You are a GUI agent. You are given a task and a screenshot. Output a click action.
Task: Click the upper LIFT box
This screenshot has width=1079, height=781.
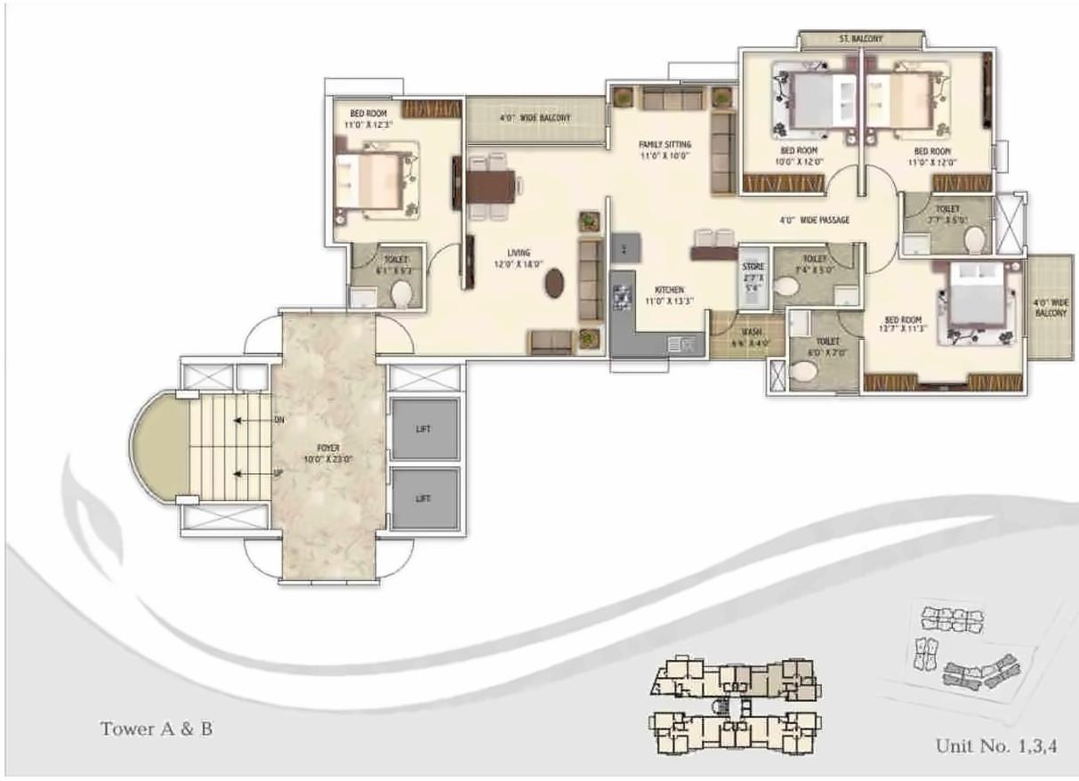click(424, 429)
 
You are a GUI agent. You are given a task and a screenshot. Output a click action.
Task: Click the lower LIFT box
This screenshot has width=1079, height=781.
click(424, 499)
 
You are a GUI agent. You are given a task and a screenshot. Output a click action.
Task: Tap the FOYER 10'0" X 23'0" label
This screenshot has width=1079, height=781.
click(327, 454)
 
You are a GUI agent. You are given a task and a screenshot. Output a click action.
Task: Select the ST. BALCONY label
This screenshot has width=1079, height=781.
click(860, 39)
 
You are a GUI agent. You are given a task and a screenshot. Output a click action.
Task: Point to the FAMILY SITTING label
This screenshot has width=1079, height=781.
click(664, 149)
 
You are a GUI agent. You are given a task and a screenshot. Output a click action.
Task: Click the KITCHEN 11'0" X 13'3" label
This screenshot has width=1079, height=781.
click(669, 295)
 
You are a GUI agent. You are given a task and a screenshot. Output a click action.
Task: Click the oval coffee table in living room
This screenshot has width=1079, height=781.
click(555, 283)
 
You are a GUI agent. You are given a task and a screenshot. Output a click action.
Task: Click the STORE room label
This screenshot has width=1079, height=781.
click(753, 276)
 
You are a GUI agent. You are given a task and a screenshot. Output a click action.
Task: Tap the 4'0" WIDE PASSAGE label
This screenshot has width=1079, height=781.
click(814, 220)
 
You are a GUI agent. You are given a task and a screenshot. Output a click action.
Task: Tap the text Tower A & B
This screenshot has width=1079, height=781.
click(157, 729)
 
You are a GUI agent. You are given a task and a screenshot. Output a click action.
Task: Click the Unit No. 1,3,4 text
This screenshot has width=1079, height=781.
click(995, 745)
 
